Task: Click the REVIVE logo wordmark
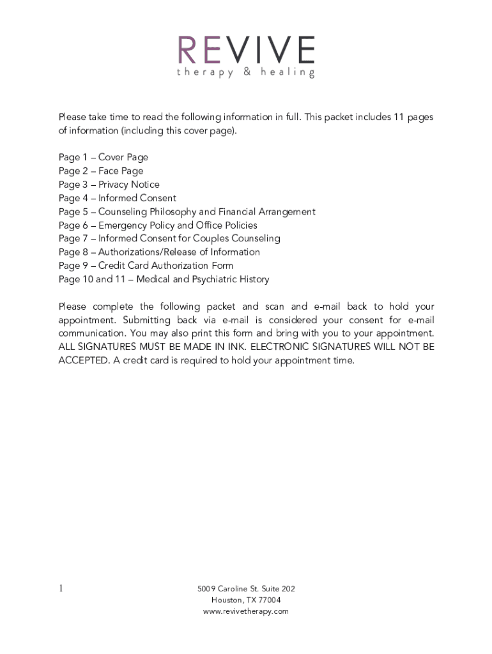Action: [246, 50]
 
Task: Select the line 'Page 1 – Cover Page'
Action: [103, 157]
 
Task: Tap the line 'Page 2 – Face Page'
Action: [101, 171]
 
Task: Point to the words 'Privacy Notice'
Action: [129, 185]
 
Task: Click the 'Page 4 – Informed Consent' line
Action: [117, 198]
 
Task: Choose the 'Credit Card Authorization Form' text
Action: [165, 265]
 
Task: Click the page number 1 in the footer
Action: [61, 589]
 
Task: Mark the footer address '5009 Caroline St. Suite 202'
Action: [246, 589]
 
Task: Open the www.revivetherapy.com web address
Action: [246, 611]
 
